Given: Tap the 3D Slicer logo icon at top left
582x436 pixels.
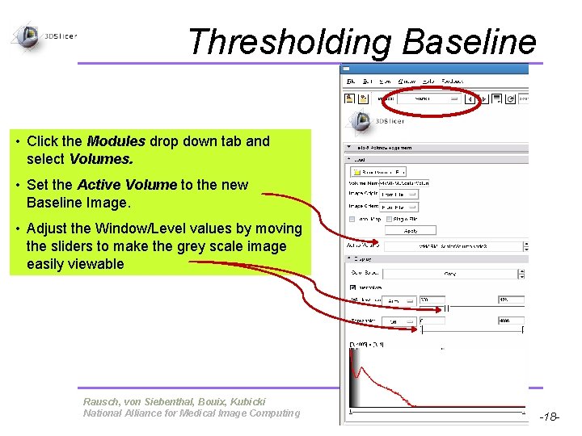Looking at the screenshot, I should [x=29, y=36].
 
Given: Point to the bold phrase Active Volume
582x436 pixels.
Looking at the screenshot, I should [x=126, y=185].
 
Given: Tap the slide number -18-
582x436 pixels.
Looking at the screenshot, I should [x=550, y=417].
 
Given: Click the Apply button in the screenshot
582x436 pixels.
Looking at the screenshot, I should [x=411, y=230].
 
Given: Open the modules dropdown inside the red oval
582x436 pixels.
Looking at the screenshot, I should [x=432, y=99].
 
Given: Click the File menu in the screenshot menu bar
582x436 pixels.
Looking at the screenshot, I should [x=351, y=81].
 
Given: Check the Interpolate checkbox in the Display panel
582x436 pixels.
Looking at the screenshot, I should [x=353, y=287].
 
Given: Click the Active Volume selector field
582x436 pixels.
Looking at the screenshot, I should [x=453, y=245].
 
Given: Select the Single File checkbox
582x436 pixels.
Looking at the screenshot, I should [x=390, y=219].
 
